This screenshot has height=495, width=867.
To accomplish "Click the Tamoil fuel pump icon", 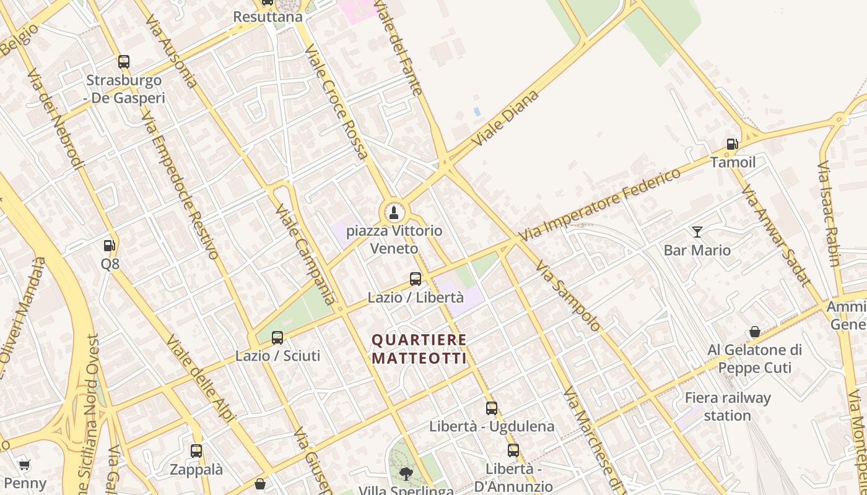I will [732, 145].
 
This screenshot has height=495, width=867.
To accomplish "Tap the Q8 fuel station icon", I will [110, 246].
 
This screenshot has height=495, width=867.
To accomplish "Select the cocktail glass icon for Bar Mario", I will [697, 232].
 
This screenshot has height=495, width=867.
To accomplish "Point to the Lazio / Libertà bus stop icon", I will [416, 279].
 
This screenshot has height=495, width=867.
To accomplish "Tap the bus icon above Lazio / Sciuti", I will [277, 338].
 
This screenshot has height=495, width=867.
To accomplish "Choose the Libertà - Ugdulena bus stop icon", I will [492, 408].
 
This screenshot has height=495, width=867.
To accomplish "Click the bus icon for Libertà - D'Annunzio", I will [513, 450].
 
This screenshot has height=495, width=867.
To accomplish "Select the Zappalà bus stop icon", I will [196, 451].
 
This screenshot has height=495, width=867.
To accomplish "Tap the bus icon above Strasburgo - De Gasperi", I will [124, 62].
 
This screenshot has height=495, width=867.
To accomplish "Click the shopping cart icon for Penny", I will [24, 465].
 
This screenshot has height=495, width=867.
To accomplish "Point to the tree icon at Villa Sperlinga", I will [406, 474].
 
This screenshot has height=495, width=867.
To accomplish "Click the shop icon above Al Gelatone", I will [754, 332].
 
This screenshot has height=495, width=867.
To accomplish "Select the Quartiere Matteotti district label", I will [419, 349].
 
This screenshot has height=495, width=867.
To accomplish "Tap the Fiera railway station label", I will [728, 407].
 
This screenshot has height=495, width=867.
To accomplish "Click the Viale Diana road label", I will [505, 118].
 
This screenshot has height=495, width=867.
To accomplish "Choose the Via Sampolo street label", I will [568, 296].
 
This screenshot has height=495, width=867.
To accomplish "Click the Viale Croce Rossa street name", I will [337, 102].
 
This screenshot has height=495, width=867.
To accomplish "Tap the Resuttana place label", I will [268, 17].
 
